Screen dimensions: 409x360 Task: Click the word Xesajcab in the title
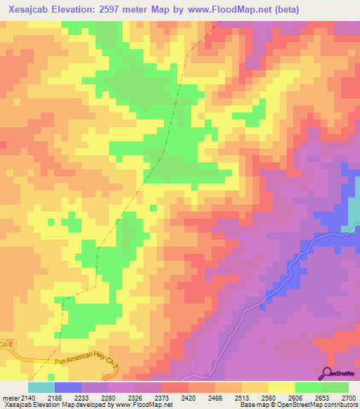point(32,10)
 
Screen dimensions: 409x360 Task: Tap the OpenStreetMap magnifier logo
point(328,373)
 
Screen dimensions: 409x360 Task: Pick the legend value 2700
point(348,398)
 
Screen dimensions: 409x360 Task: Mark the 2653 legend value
point(321,398)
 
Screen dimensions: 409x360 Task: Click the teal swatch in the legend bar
point(41,387)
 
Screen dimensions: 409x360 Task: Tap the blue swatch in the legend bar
point(68,387)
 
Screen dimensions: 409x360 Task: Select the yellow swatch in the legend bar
point(281,387)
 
